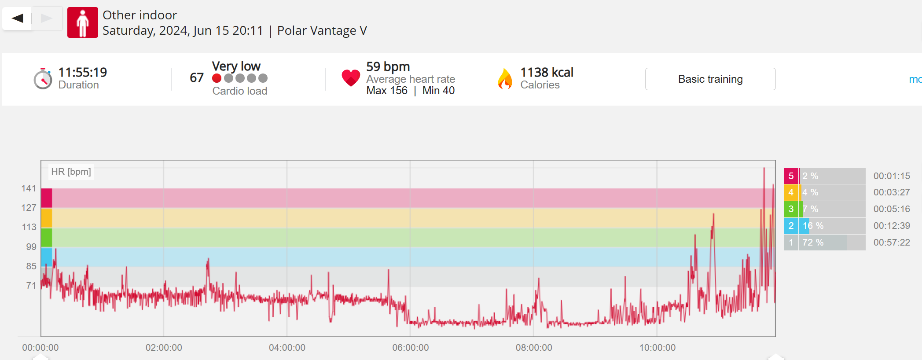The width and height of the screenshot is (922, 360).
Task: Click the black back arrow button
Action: point(17,18)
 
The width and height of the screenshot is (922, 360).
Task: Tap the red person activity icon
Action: point(82,22)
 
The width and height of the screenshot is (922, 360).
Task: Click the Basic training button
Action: point(710,79)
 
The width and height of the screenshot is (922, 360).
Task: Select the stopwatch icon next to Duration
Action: point(43,79)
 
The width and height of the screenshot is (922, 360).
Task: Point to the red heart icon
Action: point(351,78)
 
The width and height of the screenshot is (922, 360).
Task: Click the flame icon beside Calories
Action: point(505,79)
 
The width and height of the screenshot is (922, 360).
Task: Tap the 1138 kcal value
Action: point(547,72)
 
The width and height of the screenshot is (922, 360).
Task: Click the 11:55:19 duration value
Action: point(83,72)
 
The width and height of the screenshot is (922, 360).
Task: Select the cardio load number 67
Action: point(196,78)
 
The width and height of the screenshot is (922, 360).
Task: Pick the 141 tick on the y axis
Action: point(29,188)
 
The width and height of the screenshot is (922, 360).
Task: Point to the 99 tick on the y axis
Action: point(31,247)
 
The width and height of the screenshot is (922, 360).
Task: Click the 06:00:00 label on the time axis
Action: point(410,348)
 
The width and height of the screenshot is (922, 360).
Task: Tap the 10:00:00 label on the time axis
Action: point(657,348)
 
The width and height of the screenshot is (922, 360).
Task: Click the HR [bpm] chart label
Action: point(71,172)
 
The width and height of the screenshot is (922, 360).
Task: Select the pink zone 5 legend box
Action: point(791,176)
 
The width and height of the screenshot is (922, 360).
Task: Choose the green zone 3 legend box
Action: point(791,209)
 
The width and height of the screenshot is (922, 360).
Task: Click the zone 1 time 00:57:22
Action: point(891,242)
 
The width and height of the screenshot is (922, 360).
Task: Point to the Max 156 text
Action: point(387,91)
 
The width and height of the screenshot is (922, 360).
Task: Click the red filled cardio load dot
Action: point(217,78)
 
